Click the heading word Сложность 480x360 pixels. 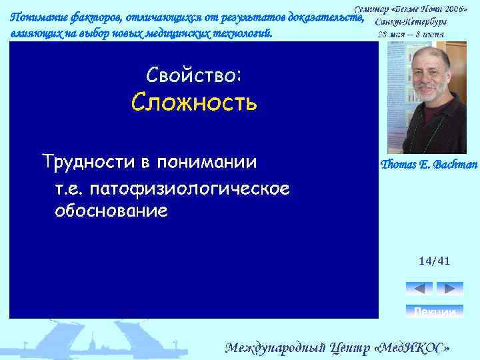pos(194,103)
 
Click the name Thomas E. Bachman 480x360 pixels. pos(427,164)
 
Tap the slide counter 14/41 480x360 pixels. pos(434,261)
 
